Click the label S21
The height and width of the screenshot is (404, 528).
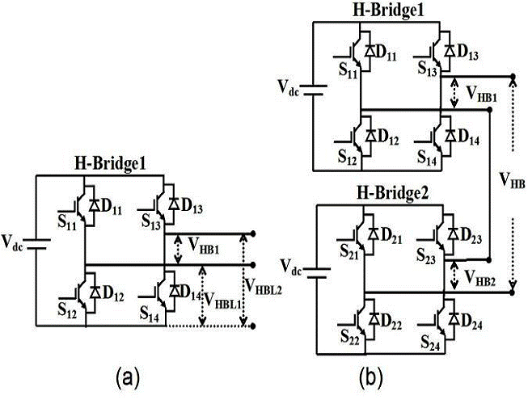[350, 253]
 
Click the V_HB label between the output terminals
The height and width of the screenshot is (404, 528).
[513, 183]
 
